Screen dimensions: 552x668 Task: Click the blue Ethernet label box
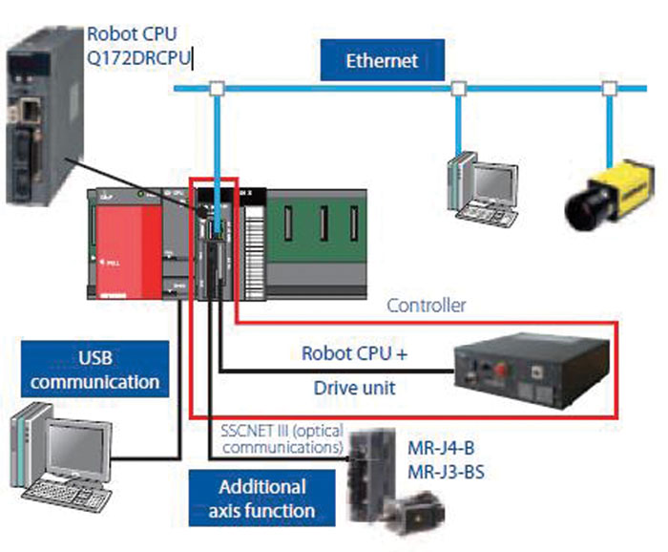(x=382, y=61)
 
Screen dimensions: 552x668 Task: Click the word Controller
(x=426, y=307)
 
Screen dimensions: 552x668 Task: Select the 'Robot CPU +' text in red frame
(x=354, y=352)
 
